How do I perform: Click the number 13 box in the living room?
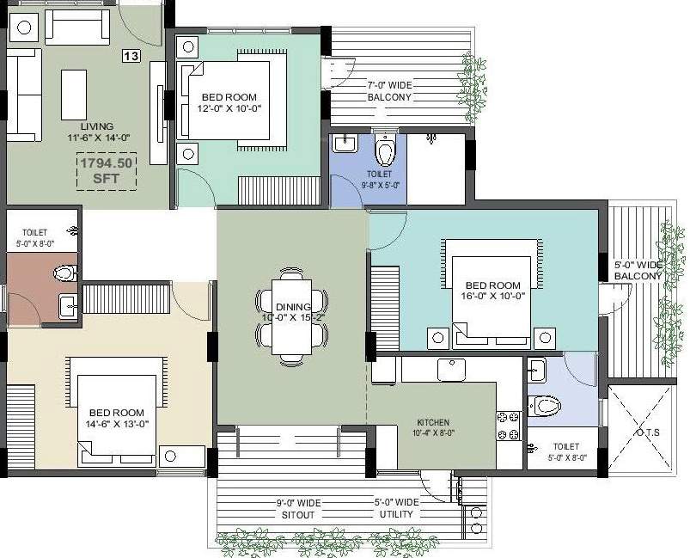(131, 57)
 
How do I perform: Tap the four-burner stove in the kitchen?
(508, 426)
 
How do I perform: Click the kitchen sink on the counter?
(450, 370)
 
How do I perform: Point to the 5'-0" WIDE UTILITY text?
(396, 507)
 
